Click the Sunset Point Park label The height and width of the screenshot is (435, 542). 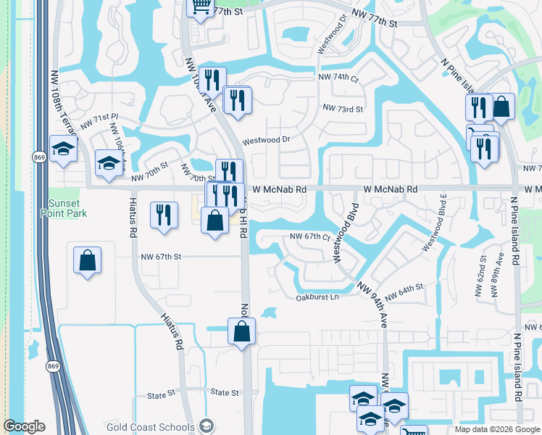(67, 208)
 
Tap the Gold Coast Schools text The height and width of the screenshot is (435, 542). (150, 426)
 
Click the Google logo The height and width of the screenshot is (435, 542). (24, 426)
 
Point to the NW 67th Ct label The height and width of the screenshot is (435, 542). (310, 237)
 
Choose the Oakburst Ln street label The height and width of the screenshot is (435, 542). (317, 297)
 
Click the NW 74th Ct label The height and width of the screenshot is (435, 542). (338, 77)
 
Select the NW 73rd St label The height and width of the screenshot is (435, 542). (343, 108)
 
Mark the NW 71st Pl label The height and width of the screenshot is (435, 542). (99, 121)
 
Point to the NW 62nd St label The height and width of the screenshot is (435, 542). (483, 270)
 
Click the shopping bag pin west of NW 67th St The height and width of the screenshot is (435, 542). (87, 260)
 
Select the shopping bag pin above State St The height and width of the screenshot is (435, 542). (242, 331)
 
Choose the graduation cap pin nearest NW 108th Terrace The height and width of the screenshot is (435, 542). (64, 149)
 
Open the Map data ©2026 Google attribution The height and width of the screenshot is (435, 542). (497, 429)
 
